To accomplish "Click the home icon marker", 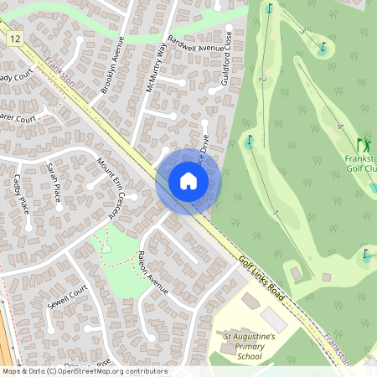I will [188, 181].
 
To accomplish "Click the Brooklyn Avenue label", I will [111, 66].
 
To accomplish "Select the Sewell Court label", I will [68, 297].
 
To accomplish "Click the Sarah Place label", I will [54, 183].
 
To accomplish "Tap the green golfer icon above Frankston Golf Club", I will [364, 145].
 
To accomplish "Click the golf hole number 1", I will [275, 214].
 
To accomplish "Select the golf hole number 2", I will [261, 80].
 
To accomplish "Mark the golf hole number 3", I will [302, 32].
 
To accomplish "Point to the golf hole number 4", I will [339, 127].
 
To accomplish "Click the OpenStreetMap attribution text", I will [84, 371].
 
